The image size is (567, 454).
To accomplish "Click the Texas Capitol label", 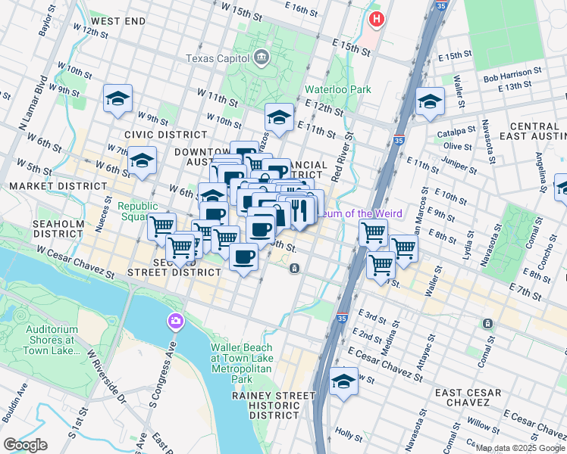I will click(x=218, y=58).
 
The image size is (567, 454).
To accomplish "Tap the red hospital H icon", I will click(x=374, y=18).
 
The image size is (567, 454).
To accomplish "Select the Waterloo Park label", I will click(x=337, y=89).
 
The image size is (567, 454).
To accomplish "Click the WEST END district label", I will click(x=117, y=21).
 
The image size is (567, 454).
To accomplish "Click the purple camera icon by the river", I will click(x=176, y=322).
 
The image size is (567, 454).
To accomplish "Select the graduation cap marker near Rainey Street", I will click(x=343, y=381).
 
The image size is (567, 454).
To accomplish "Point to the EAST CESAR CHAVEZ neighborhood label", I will click(x=468, y=399).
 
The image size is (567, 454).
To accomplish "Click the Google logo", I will click(x=25, y=445).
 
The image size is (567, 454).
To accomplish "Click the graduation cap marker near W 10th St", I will click(x=278, y=117).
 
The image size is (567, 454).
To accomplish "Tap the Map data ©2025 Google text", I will click(x=519, y=449).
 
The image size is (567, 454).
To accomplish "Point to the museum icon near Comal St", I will click(x=487, y=323).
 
